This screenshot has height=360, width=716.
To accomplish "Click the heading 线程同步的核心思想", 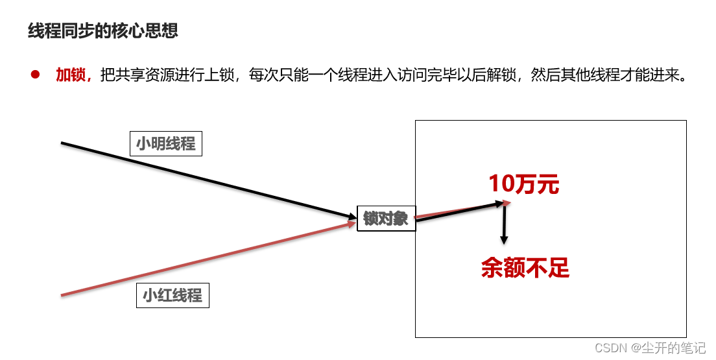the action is click(103, 30).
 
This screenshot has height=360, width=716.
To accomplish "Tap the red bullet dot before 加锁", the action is click(35, 75).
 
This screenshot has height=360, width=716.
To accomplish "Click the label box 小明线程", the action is click(165, 143).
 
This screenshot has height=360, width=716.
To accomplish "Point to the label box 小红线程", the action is click(173, 296).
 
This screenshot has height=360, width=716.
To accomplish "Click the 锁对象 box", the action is click(386, 219).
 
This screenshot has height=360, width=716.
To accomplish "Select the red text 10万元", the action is click(523, 184).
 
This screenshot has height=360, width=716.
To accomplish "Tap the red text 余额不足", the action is click(525, 267).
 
